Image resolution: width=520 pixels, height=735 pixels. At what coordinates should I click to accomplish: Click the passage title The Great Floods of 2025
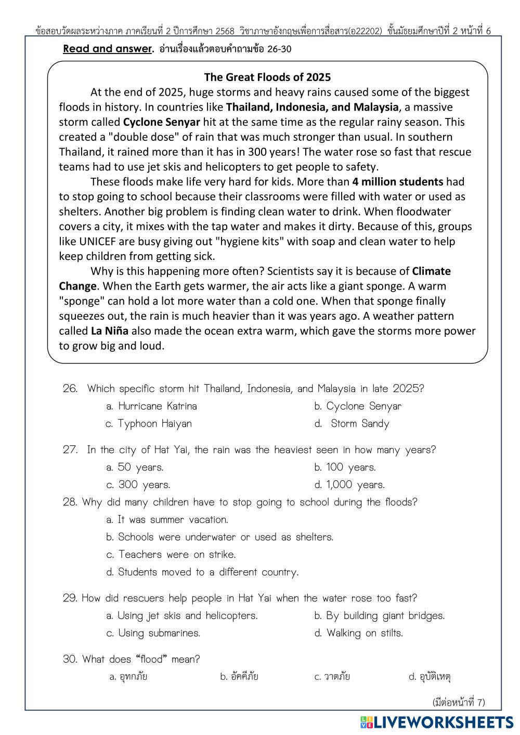coord(267,77)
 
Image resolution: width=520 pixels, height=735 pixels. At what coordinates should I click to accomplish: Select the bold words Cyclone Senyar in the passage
coord(162,122)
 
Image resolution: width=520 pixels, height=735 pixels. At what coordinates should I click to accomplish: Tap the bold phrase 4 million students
coord(398,182)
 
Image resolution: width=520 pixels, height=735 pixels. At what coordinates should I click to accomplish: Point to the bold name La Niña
coord(109,331)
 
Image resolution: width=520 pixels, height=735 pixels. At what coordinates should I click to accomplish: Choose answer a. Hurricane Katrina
coord(151,406)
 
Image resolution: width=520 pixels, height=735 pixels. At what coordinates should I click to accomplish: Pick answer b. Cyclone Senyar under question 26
coord(358,406)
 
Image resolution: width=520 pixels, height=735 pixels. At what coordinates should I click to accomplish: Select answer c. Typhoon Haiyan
coord(149,424)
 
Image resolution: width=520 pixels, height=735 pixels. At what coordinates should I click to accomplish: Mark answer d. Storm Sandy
coord(352,424)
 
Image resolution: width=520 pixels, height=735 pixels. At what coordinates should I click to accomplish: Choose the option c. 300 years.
coord(138,485)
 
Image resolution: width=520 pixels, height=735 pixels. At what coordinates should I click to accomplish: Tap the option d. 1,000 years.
coord(349,485)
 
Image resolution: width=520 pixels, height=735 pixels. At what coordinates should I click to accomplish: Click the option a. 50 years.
coord(135,467)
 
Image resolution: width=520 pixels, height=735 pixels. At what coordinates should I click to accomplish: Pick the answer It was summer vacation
coord(167,520)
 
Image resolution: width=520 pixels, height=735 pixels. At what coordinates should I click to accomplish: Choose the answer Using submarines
coord(153,633)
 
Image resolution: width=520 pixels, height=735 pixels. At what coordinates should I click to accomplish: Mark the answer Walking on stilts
coord(359,633)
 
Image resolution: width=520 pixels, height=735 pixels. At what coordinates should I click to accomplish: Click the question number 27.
coord(70,450)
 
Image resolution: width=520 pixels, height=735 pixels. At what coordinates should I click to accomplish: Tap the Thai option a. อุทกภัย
coord(128,677)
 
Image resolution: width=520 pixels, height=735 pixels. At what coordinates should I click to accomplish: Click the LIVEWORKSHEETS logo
coord(437,722)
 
